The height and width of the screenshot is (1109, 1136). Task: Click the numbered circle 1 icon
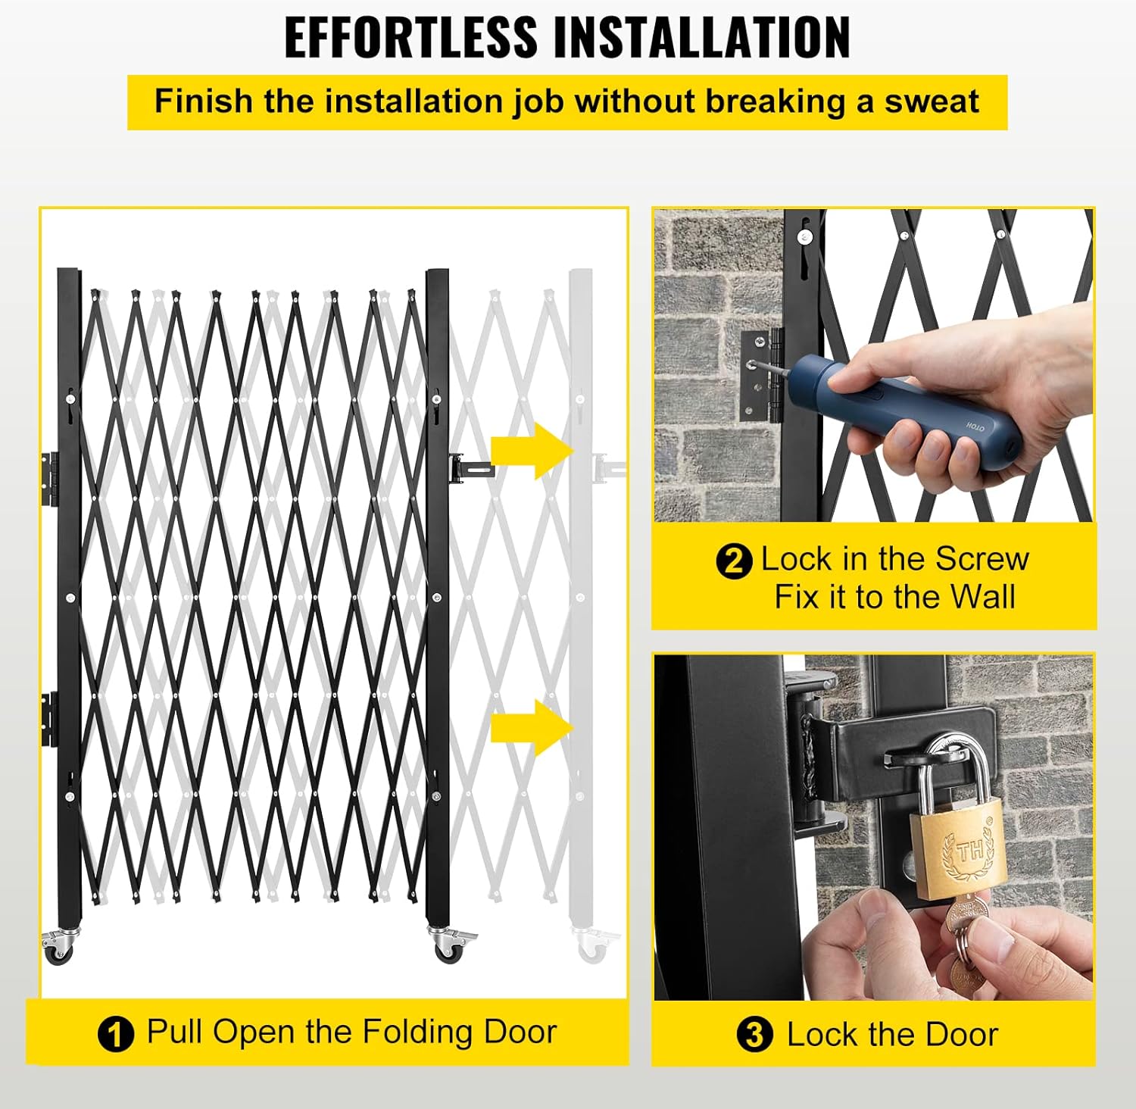(x=116, y=1034)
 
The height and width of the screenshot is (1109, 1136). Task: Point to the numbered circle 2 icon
(x=733, y=561)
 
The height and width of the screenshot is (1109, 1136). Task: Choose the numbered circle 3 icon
(x=754, y=1035)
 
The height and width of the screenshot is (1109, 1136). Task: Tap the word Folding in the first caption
(x=417, y=1032)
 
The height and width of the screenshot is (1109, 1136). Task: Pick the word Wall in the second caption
(x=982, y=597)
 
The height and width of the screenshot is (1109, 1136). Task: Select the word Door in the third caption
(x=961, y=1035)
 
